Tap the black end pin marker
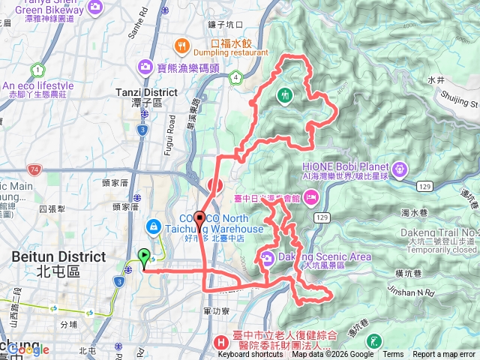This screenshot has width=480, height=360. [x=199, y=220]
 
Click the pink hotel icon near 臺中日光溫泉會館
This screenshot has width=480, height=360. [x=310, y=198]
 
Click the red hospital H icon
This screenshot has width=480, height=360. [x=221, y=340]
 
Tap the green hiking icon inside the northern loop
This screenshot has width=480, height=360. [x=285, y=95]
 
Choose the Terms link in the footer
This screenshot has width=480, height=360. [x=393, y=355]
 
